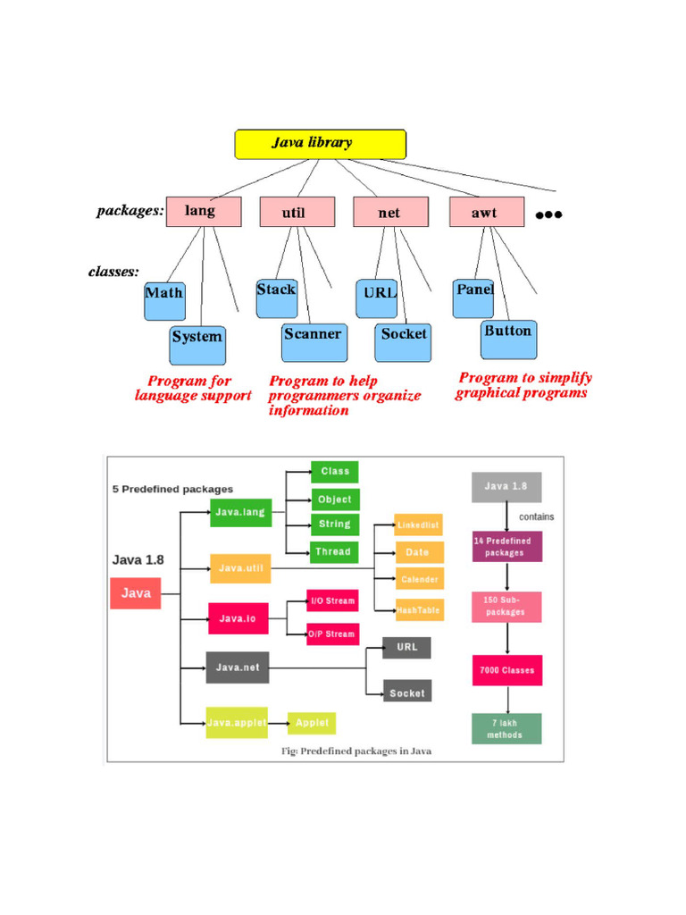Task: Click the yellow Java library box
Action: (320, 144)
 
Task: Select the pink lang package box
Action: (203, 212)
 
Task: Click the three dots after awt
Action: (548, 214)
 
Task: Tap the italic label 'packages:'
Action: (130, 212)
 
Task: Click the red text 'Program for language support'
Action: (192, 388)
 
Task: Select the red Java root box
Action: (136, 593)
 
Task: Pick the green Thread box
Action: (334, 551)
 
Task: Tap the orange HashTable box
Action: (419, 609)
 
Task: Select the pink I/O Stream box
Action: (332, 600)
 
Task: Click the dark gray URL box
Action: (406, 647)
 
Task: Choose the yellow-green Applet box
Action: (312, 722)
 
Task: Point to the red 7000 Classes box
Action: (506, 669)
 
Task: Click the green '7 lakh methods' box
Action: (506, 728)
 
